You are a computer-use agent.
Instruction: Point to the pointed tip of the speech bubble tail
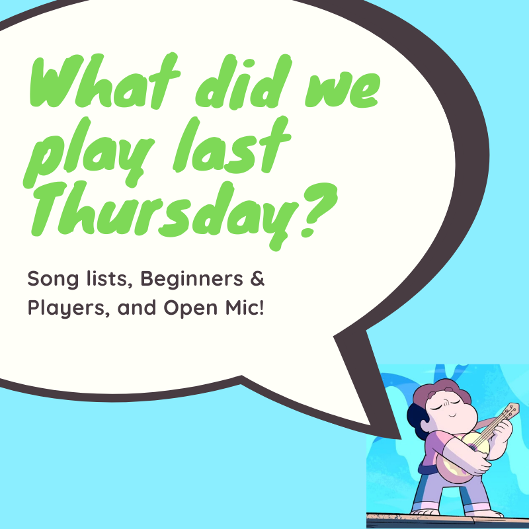point(400,437)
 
